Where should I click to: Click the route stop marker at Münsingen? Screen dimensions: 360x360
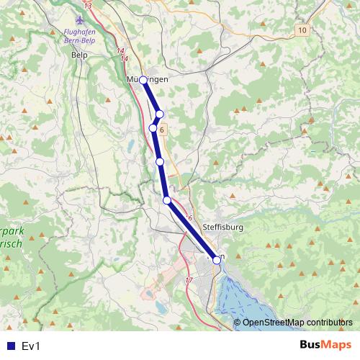pyautogui.click(x=143, y=80)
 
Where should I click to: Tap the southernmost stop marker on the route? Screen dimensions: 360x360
pyautogui.click(x=217, y=261)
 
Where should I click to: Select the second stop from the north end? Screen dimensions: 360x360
pyautogui.click(x=160, y=114)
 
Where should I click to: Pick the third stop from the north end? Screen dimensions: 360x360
pyautogui.click(x=153, y=128)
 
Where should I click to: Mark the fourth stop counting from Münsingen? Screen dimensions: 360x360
pyautogui.click(x=160, y=162)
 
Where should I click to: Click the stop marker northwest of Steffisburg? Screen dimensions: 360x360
pyautogui.click(x=167, y=200)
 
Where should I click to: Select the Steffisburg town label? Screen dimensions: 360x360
pyautogui.click(x=223, y=227)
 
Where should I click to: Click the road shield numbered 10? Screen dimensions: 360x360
pyautogui.click(x=301, y=30)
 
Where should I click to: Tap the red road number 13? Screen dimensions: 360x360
pyautogui.click(x=88, y=6)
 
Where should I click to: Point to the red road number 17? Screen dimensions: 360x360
pyautogui.click(x=189, y=279)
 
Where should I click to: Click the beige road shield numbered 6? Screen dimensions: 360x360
pyautogui.click(x=163, y=130)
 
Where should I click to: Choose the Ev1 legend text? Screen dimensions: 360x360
pyautogui.click(x=30, y=346)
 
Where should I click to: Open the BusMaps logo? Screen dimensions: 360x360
pyautogui.click(x=325, y=345)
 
